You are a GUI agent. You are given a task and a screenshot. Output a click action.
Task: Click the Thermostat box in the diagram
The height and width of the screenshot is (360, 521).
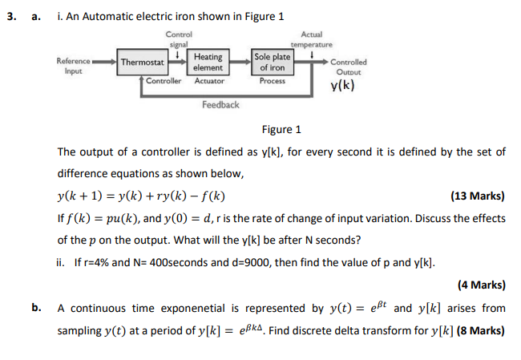[143, 62]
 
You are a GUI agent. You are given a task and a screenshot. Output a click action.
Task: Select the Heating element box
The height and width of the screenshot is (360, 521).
[208, 62]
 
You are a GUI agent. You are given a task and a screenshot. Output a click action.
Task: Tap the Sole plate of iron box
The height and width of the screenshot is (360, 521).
[273, 62]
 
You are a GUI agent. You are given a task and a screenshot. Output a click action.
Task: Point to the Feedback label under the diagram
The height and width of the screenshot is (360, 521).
[220, 105]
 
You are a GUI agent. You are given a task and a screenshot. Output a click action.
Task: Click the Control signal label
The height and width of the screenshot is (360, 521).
[180, 38]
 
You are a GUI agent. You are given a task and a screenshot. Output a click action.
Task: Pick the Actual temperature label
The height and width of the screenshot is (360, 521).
[311, 38]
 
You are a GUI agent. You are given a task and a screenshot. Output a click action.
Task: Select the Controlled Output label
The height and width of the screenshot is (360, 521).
[348, 67]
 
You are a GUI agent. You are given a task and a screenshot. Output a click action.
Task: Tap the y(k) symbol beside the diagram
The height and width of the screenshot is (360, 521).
[343, 86]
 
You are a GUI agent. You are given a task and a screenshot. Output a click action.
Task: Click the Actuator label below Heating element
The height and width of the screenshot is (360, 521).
[209, 81]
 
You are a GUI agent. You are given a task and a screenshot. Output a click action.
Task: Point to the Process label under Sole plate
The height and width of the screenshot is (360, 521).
[273, 81]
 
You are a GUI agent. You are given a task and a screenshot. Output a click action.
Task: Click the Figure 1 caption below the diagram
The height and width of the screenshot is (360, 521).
[281, 130]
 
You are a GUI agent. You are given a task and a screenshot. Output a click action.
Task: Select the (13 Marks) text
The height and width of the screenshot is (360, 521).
[479, 196]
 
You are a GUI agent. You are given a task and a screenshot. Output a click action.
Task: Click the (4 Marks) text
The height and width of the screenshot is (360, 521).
[481, 284]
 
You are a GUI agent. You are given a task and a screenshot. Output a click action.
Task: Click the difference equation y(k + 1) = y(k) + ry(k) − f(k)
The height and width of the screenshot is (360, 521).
[140, 196]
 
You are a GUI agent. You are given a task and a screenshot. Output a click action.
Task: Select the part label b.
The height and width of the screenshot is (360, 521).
[36, 307]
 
